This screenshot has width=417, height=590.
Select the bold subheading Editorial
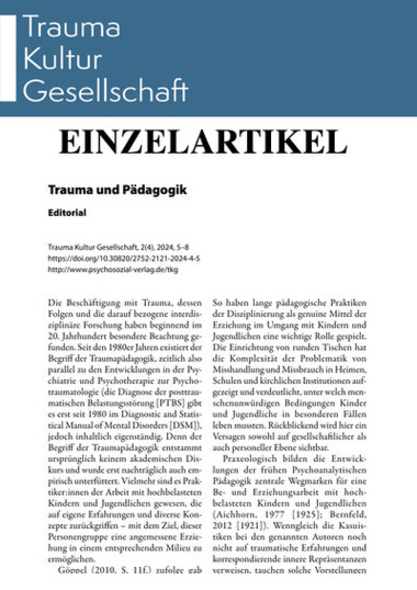coord(67,213)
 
